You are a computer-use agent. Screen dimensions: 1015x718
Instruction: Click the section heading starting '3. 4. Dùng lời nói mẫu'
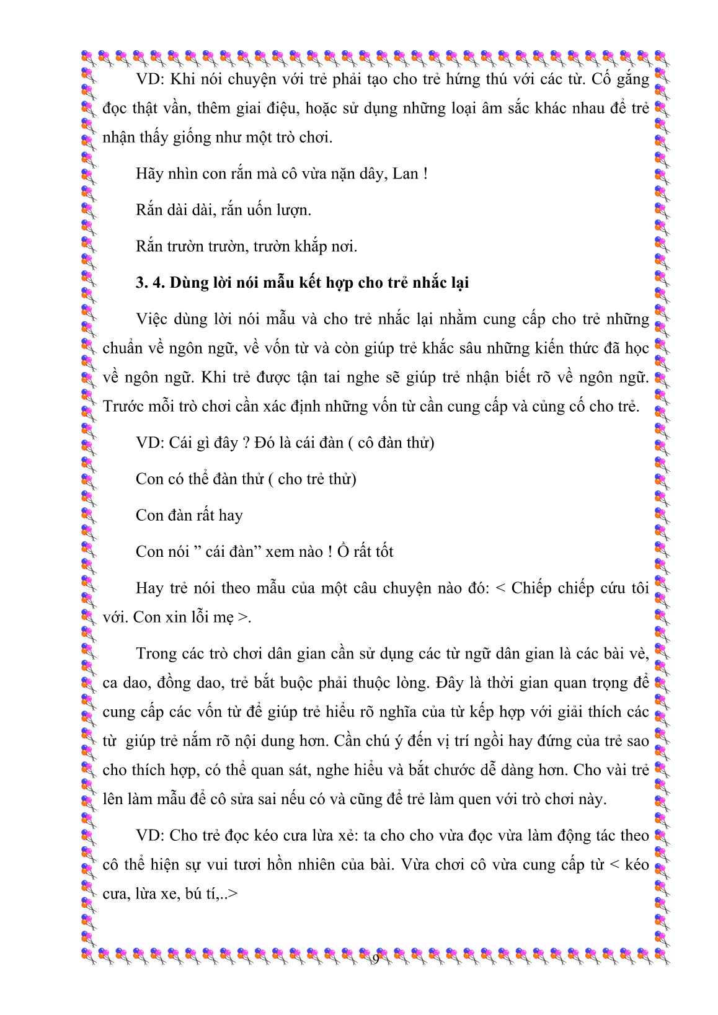pyautogui.click(x=302, y=283)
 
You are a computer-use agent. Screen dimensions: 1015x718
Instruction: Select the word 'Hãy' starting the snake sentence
pyautogui.click(x=149, y=174)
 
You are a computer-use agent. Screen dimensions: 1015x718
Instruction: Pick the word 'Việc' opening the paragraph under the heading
pyautogui.click(x=152, y=319)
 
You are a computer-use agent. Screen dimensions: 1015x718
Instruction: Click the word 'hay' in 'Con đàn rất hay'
pyautogui.click(x=231, y=515)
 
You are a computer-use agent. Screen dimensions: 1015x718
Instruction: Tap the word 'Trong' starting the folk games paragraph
pyautogui.click(x=156, y=654)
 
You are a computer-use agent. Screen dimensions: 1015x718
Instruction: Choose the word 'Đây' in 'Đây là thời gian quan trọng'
pyautogui.click(x=450, y=683)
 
